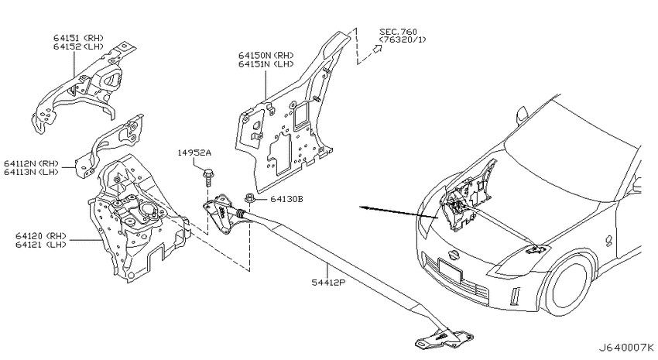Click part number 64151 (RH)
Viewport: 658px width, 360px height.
[x=78, y=39]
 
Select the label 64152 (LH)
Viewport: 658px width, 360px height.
[x=78, y=46]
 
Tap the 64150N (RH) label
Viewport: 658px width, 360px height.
[x=266, y=56]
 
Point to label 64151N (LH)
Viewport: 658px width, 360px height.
[x=266, y=63]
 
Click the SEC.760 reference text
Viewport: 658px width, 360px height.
[x=398, y=32]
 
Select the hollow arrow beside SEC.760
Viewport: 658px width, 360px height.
[x=377, y=50]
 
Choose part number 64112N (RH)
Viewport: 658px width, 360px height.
[x=32, y=163]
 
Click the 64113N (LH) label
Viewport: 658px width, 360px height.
[x=32, y=172]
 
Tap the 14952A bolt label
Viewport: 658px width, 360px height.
[x=194, y=153]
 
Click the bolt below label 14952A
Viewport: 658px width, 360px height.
[x=207, y=177]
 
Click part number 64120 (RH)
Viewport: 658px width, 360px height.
[x=41, y=236]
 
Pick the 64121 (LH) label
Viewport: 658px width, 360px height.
[x=41, y=244]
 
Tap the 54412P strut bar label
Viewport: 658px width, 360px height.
[x=327, y=283]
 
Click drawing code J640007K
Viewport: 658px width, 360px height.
[x=625, y=348]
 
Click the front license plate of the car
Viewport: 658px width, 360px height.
[x=450, y=272]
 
